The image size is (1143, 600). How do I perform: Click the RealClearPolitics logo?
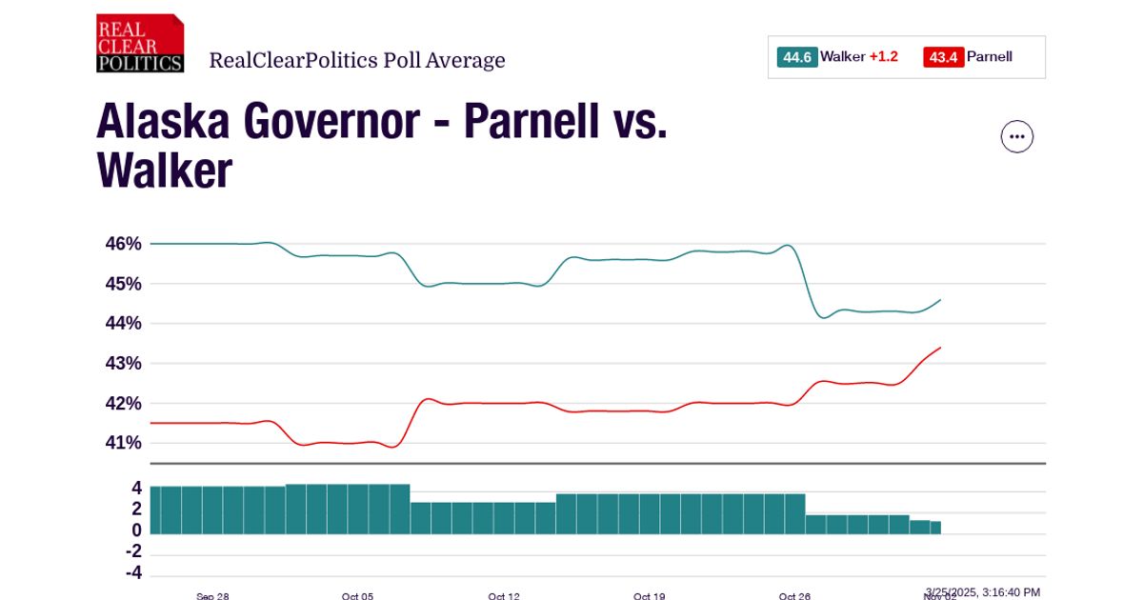140,44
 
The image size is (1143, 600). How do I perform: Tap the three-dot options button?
1016,137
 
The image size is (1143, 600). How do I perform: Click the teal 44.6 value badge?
796,57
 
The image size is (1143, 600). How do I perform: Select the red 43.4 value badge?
943,57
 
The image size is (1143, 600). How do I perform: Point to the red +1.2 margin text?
883,57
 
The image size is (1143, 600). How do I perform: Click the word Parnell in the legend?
990,57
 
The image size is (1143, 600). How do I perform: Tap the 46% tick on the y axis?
123,244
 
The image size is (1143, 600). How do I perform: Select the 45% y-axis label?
123,284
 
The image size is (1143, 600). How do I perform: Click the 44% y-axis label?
123,324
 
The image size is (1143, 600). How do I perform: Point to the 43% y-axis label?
123,364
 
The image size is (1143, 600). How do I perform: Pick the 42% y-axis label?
123,404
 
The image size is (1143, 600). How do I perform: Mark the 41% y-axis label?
123,443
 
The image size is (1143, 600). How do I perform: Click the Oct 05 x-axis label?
357,596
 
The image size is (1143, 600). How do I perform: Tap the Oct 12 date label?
504,596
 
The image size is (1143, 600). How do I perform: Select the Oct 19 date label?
649,596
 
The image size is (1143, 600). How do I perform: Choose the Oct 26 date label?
794,596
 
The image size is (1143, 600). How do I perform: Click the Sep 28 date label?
212,596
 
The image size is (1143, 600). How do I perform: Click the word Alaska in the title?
162,122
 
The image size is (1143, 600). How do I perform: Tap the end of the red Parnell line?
940,348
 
